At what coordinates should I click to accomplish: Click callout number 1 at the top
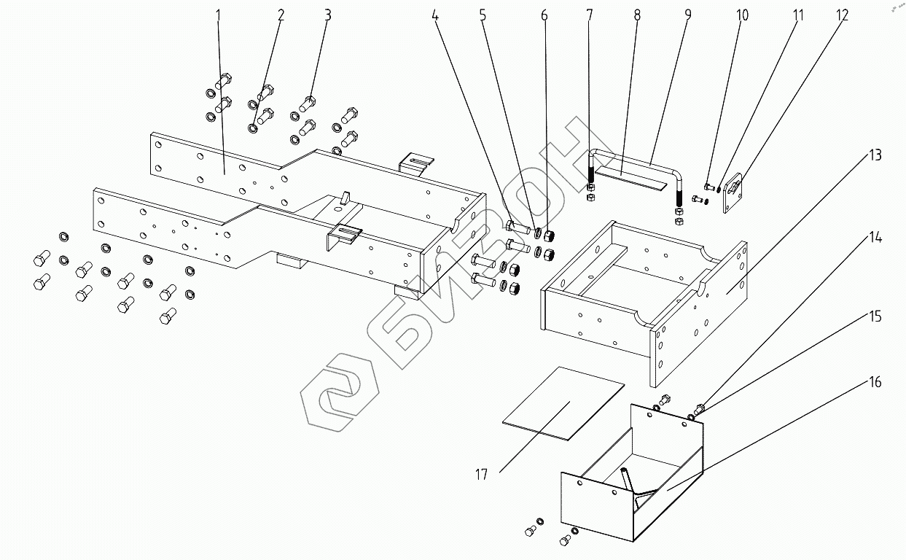tap(218, 15)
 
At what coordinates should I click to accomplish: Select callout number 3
tap(328, 15)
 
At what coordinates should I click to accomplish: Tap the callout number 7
tap(589, 15)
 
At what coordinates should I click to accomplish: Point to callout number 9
tap(687, 15)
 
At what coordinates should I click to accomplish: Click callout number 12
tap(843, 15)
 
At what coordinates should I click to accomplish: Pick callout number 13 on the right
tap(874, 155)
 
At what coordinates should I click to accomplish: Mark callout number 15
tap(874, 316)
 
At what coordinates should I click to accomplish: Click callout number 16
tap(874, 382)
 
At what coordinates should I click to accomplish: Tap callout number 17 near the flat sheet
tap(481, 475)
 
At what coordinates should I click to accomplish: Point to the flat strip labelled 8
tap(630, 176)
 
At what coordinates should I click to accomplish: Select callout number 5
tap(483, 15)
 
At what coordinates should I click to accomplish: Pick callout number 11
tap(797, 15)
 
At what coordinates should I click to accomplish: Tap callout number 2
tap(281, 15)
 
